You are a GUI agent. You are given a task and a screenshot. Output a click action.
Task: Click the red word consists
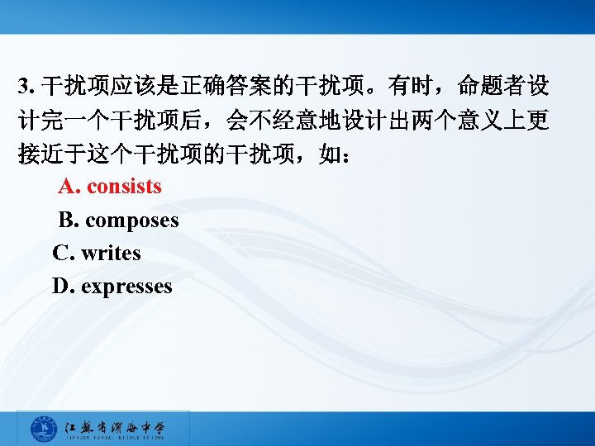click(x=124, y=187)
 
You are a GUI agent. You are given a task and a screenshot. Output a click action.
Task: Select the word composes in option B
click(x=131, y=221)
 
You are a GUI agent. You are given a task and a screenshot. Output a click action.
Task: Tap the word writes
click(x=111, y=254)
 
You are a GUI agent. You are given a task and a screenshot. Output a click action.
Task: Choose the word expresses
click(x=126, y=287)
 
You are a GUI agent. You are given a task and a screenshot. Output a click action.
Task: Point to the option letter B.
click(x=68, y=221)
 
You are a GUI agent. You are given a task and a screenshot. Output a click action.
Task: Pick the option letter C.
click(x=62, y=254)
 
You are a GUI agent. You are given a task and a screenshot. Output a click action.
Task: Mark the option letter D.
click(x=62, y=287)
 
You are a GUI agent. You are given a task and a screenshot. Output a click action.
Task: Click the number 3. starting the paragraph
click(x=26, y=86)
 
